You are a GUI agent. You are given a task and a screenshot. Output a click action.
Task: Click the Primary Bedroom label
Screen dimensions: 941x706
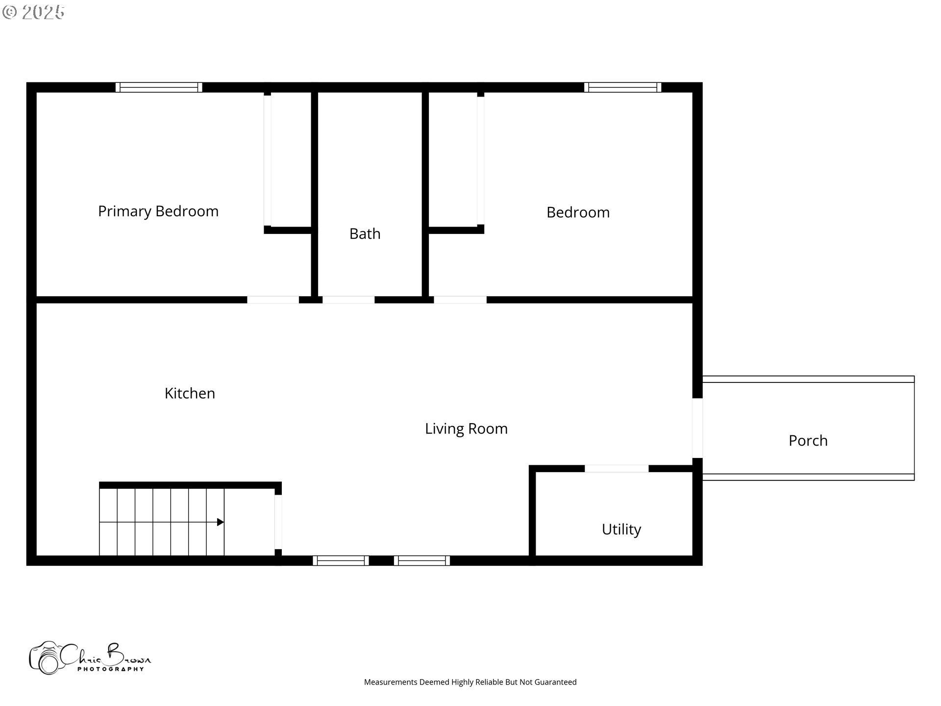158,211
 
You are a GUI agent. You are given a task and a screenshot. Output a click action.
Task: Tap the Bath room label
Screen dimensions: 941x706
365,233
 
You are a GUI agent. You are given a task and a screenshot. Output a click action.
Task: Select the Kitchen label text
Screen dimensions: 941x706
190,393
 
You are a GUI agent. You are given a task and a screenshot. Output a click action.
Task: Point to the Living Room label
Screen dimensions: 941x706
466,429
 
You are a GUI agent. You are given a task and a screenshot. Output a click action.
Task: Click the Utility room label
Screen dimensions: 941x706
621,529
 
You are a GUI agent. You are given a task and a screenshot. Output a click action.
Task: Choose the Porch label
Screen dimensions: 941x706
808,440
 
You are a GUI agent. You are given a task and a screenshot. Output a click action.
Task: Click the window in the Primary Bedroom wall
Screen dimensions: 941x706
159,87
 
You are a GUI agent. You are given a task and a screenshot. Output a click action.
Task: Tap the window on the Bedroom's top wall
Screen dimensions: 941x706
622,87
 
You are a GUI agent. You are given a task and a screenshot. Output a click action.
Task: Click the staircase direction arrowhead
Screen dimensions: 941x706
221,522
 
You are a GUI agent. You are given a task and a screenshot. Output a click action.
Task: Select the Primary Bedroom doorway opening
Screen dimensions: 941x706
273,300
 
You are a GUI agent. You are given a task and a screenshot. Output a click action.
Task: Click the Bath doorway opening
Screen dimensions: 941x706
348,300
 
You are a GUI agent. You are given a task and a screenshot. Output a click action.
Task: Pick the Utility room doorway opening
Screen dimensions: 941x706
617,469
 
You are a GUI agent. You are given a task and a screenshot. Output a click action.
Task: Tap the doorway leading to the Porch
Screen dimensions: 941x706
697,428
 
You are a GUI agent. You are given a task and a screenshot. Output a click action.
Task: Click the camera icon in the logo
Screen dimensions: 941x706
46,658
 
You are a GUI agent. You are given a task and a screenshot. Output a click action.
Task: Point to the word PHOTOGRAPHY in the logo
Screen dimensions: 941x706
111,669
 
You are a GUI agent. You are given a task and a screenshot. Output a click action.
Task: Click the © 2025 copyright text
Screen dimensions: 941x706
33,12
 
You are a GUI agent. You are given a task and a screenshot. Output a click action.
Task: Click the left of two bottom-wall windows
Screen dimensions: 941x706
341,560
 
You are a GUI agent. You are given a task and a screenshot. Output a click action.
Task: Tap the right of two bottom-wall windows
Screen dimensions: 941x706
422,560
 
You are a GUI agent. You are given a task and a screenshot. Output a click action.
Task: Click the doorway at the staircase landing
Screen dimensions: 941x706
278,522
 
